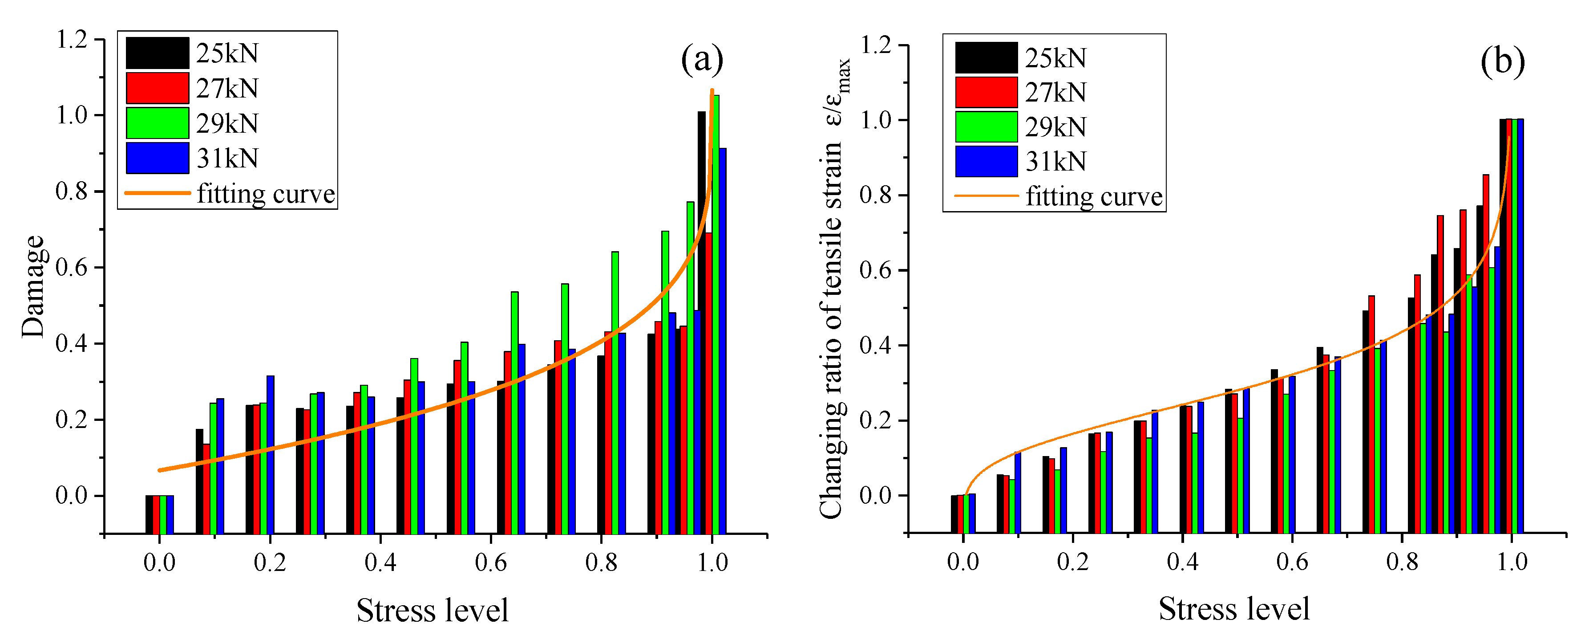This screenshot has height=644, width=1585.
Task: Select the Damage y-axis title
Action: (33, 286)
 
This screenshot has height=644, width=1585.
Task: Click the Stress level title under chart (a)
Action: (433, 611)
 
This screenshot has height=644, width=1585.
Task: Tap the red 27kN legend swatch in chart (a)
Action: (157, 88)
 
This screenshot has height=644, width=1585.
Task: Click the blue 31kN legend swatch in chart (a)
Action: (157, 158)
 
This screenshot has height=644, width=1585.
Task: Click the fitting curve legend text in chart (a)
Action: (266, 194)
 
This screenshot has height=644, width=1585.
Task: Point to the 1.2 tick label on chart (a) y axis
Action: (72, 40)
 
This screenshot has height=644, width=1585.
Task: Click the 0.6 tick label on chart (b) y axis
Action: (876, 270)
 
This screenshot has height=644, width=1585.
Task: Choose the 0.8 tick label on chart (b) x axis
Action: (1402, 562)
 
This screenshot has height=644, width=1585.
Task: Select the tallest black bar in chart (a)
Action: (701, 320)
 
